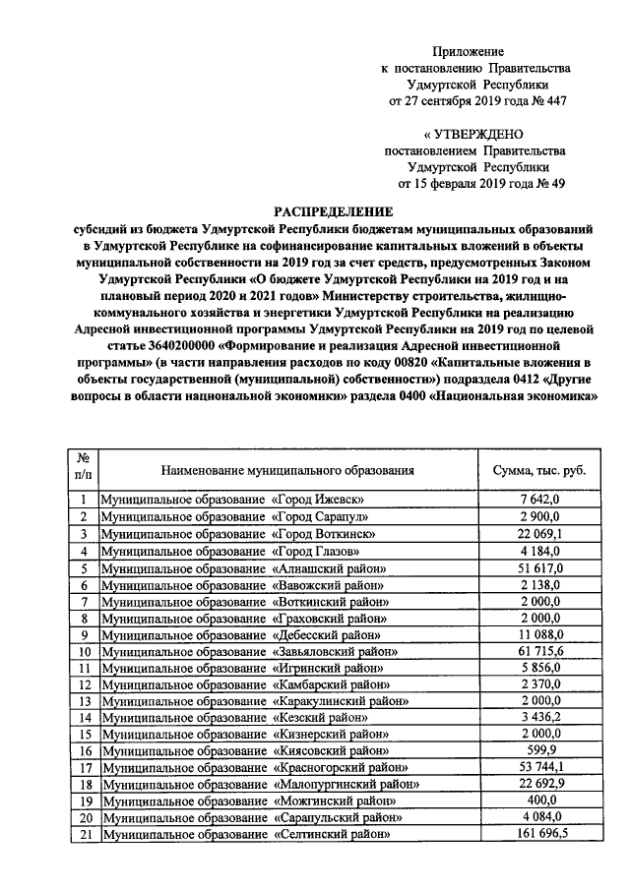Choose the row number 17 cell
pyautogui.click(x=85, y=767)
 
